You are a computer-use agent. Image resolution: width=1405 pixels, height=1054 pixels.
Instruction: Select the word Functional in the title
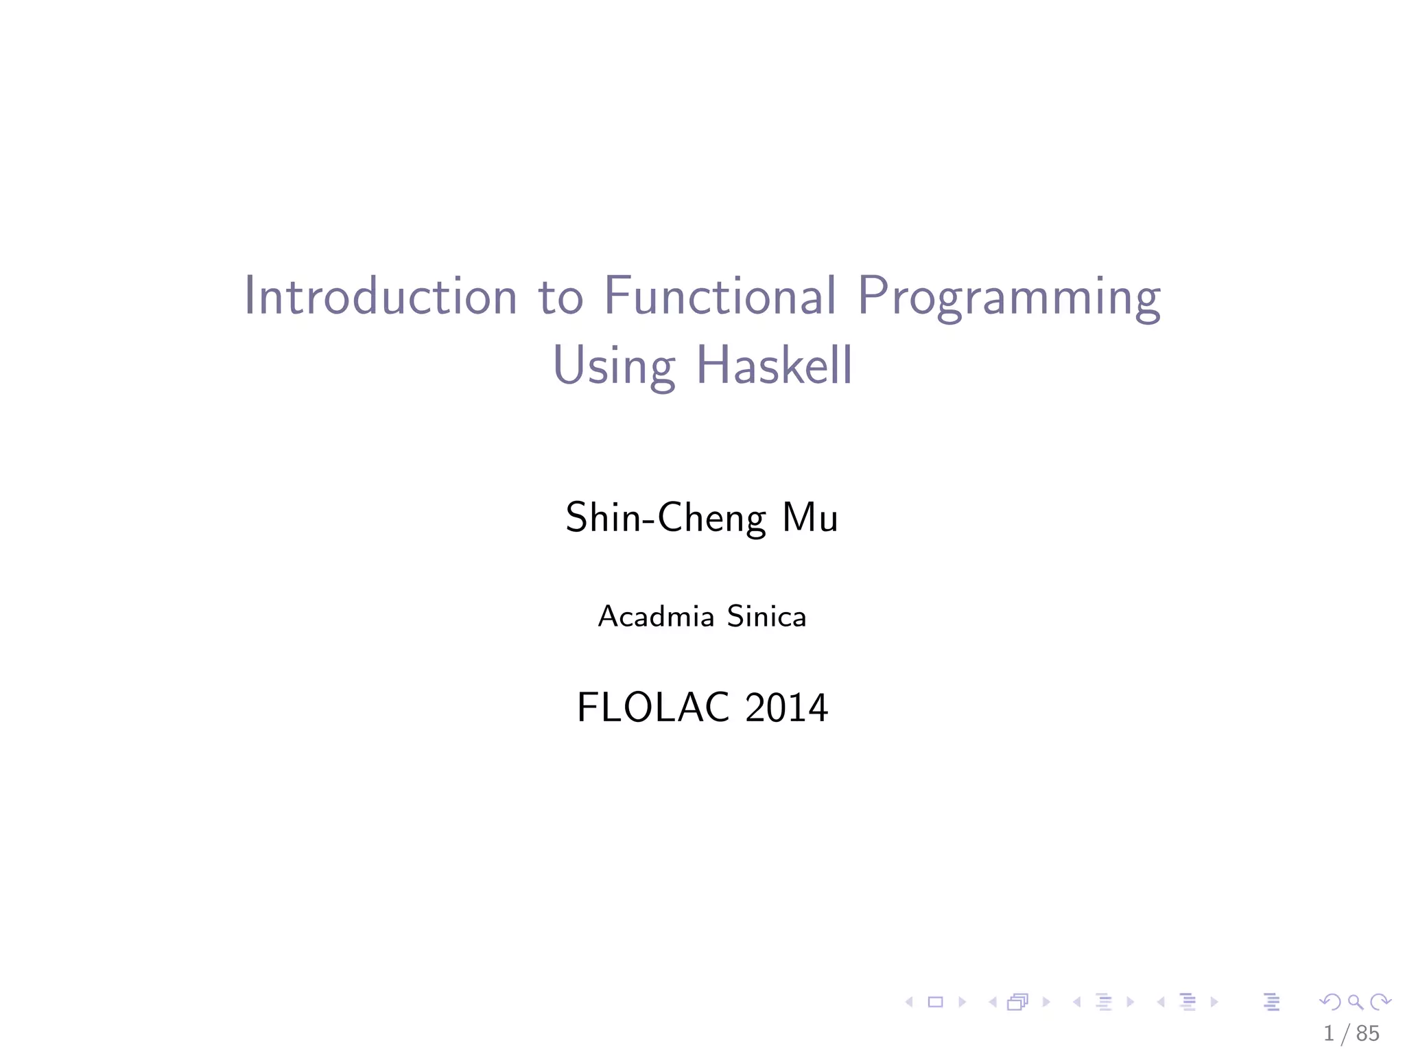coord(720,296)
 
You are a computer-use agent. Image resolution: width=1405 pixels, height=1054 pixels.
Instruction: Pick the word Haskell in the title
coord(774,365)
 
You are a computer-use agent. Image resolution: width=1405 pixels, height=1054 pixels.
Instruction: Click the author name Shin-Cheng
coord(665,518)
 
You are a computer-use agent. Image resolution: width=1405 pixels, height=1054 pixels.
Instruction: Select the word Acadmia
coord(656,616)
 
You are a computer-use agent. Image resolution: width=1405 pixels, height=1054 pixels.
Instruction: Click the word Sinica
coord(766,616)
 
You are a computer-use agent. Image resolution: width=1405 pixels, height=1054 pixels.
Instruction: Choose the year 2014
coord(786,707)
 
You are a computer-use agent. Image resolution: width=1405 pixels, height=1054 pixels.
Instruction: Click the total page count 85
coord(1367,1033)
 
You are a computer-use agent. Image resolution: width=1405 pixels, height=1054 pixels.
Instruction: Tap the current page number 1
coord(1329,1033)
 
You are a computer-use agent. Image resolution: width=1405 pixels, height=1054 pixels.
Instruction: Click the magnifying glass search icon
coord(1355,1002)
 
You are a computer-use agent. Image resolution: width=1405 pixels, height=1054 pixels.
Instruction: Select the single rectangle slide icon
coord(935,1002)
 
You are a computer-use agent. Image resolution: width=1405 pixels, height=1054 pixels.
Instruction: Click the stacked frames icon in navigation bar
coord(1017,1003)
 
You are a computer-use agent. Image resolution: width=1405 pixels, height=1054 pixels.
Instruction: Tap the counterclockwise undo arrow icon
coord(1330,1002)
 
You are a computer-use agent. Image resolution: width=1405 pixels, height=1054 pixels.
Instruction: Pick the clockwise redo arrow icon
coord(1380,1002)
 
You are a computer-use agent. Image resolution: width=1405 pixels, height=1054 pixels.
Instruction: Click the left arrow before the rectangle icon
coord(910,1002)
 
